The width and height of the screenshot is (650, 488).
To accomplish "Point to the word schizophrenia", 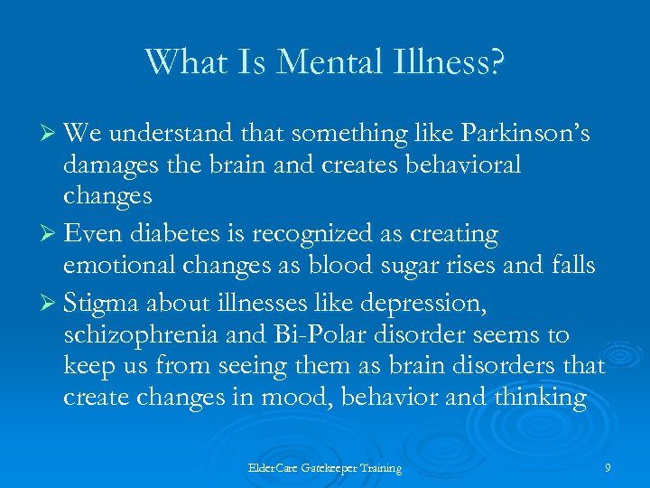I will click(x=139, y=335).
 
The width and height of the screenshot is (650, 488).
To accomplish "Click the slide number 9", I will click(x=608, y=467).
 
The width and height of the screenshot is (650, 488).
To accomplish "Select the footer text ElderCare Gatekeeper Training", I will click(x=325, y=468).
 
